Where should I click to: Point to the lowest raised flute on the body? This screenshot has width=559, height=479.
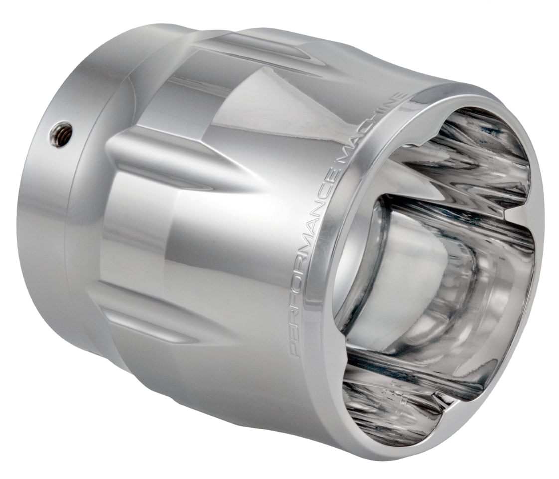pos(150,324)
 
